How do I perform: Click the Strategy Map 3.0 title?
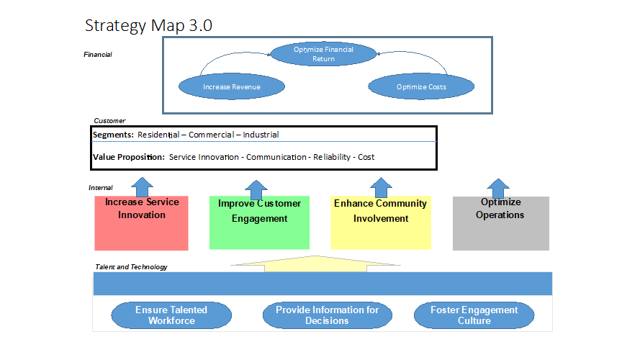coord(148,25)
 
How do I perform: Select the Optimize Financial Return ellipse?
coord(323,54)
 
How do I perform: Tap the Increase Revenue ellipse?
coord(231,87)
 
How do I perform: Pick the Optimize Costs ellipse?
coord(421,87)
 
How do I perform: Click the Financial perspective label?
coord(98,55)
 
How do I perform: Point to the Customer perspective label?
coord(109,121)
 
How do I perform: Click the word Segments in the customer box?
coord(113,135)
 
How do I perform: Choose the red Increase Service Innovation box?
coord(141,223)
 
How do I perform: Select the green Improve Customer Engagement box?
coord(259,223)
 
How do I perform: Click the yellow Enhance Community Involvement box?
coord(380,223)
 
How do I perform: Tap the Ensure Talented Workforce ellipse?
coord(171,315)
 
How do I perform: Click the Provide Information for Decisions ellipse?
coord(327,315)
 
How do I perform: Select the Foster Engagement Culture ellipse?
coord(474,315)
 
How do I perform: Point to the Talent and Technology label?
coord(131,267)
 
